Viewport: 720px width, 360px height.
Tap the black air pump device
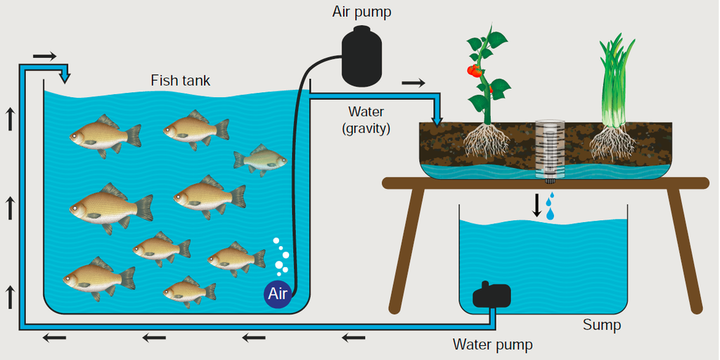362,56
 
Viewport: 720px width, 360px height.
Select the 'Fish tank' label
181,81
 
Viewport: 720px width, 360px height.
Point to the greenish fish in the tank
260,160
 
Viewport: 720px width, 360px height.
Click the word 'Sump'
602,326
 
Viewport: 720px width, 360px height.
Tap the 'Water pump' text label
493,344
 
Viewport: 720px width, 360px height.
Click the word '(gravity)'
366,129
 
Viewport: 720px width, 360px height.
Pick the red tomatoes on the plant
477,72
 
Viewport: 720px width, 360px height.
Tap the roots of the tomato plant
487,140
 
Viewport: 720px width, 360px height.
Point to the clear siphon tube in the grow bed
549,150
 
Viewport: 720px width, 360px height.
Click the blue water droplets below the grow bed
550,206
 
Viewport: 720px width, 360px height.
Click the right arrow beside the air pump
413,83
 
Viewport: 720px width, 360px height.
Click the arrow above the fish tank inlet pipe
45,56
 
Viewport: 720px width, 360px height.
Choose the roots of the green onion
612,141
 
